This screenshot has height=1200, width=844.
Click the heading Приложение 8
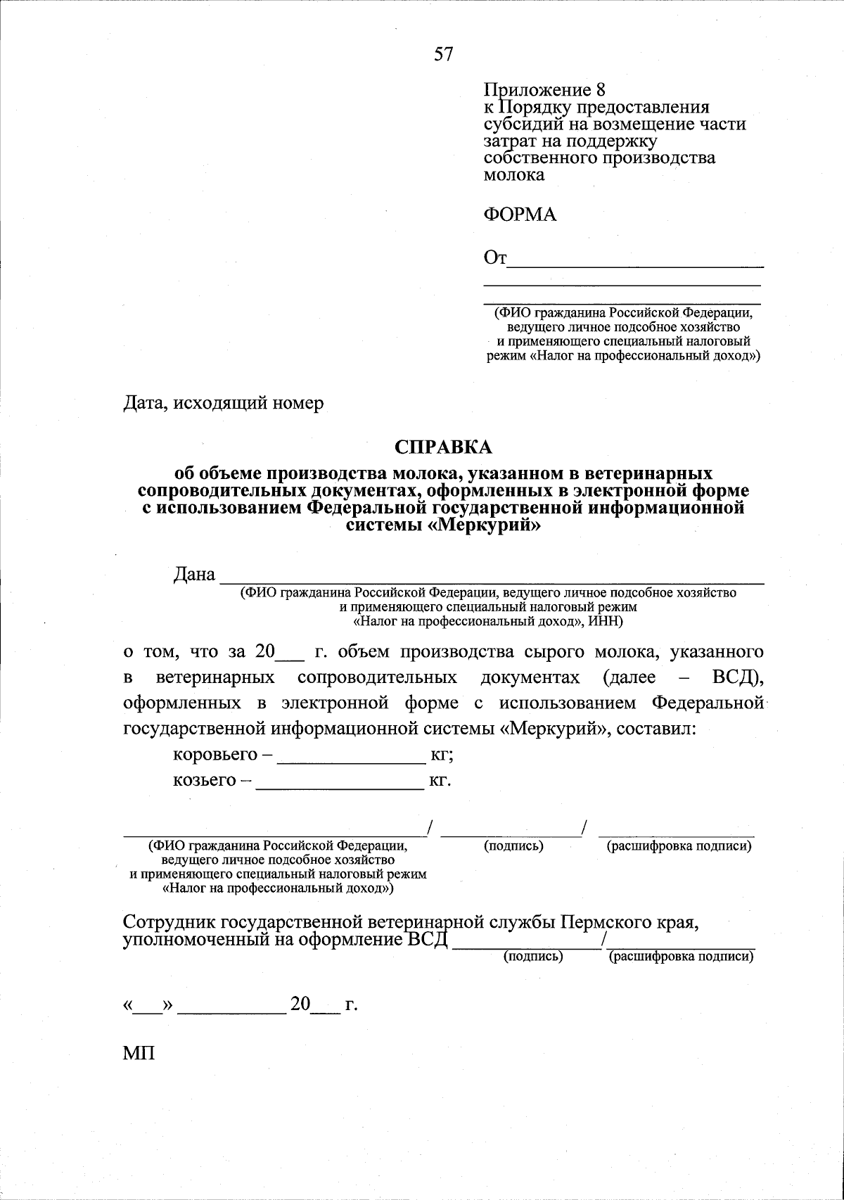(x=544, y=90)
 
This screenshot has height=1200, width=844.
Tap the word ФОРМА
(x=520, y=215)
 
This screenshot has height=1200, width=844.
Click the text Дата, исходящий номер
(x=224, y=403)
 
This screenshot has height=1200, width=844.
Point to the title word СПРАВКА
(x=444, y=447)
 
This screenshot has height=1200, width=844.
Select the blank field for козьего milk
(x=340, y=786)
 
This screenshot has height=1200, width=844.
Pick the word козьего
(x=204, y=780)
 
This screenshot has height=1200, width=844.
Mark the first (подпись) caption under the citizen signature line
(x=513, y=846)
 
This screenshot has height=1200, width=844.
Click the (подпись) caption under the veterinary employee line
(x=533, y=957)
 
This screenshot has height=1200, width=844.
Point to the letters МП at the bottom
(x=139, y=1053)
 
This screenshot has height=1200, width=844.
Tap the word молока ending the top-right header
(x=514, y=174)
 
